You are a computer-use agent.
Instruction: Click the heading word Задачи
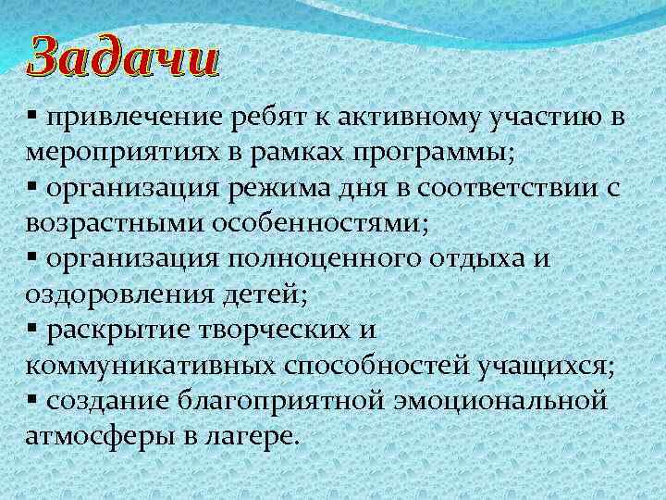pos(123,59)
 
